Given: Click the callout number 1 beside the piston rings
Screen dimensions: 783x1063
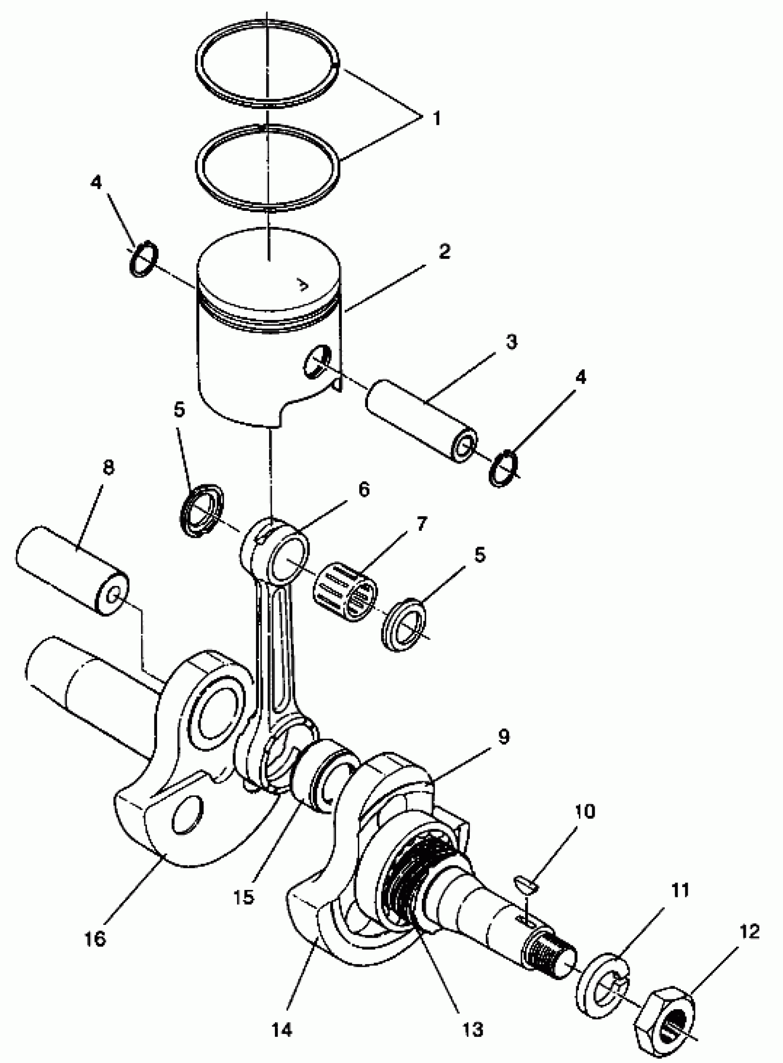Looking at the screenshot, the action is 437,118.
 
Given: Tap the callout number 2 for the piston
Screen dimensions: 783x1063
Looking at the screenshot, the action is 444,252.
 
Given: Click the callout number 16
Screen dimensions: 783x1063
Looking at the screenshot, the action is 95,939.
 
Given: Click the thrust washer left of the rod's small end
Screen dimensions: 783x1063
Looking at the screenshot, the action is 202,511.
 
